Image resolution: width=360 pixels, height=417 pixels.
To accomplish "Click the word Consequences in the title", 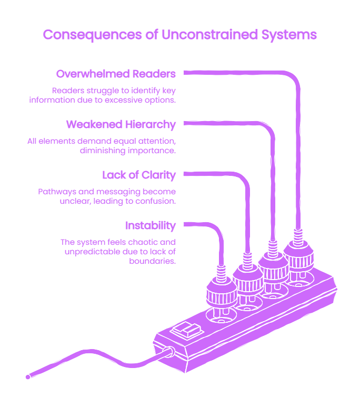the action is (x=92, y=35).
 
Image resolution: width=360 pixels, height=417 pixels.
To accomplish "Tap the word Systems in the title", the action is (x=289, y=35).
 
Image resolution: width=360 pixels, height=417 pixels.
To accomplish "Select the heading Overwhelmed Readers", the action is (x=116, y=74).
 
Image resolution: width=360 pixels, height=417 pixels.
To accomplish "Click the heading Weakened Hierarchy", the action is (x=121, y=124).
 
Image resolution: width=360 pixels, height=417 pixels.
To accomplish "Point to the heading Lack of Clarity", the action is (x=139, y=175).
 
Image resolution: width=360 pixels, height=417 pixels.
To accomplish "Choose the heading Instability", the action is (x=151, y=225).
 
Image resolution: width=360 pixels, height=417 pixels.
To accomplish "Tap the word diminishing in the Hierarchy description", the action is (x=103, y=151).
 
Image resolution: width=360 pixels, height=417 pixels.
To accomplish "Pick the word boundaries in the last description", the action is (x=152, y=261).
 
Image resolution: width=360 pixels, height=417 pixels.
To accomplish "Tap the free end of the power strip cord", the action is (x=28, y=377).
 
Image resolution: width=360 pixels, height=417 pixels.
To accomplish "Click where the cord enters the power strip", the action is (x=169, y=352).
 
